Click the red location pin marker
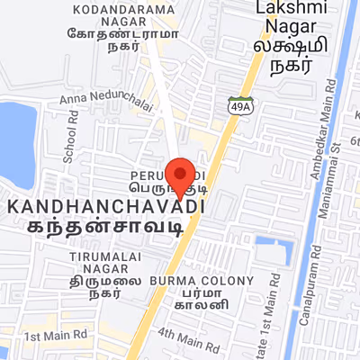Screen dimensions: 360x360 click(183, 176)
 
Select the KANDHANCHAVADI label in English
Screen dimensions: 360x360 click(104, 207)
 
